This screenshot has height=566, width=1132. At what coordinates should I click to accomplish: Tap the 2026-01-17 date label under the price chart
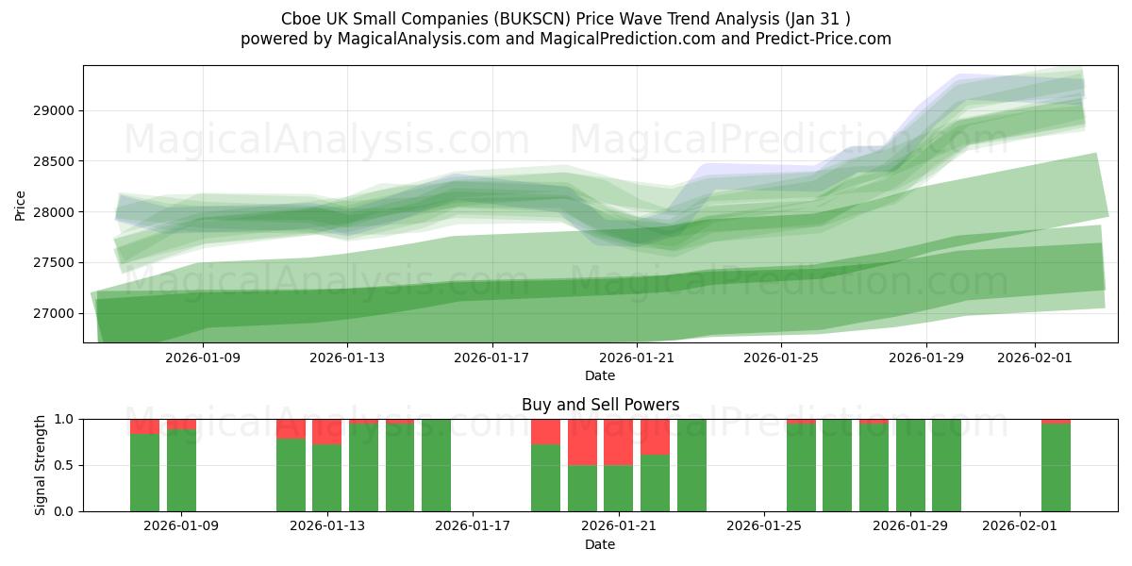point(491,358)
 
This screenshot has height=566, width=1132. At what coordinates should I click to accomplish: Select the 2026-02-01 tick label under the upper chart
point(1035,358)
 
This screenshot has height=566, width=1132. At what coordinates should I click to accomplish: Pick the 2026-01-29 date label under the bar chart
point(910,525)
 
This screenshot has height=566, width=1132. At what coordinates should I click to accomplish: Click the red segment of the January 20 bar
point(582,441)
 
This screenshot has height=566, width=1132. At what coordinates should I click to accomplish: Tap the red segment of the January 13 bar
point(326,431)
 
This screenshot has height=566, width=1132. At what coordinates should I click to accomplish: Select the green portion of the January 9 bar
point(181,470)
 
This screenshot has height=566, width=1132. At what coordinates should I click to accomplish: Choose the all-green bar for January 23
point(691,465)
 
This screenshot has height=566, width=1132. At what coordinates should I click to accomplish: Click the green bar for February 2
point(1056,467)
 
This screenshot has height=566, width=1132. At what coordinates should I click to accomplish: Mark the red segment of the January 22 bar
point(655,437)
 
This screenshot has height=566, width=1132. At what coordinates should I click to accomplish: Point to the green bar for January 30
point(946,465)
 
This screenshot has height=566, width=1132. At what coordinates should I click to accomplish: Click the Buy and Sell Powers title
point(600,405)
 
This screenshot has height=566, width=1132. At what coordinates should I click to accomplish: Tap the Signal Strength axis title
point(40,465)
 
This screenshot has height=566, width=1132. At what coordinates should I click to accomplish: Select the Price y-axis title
point(21,205)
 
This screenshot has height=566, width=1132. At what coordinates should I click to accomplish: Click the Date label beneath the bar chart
point(600,544)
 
